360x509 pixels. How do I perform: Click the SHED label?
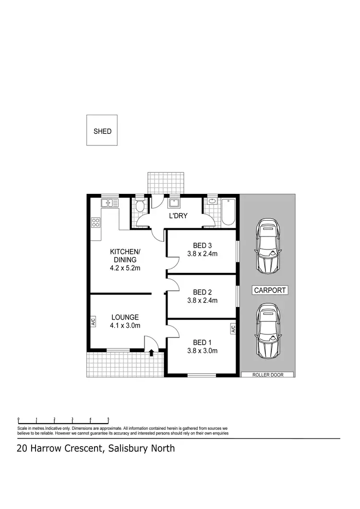(102, 131)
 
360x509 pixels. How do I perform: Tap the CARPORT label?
(270, 290)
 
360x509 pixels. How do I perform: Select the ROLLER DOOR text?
(267, 375)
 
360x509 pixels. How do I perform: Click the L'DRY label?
(178, 216)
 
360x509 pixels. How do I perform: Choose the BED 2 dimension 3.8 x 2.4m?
(202, 301)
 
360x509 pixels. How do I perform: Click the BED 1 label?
(202, 342)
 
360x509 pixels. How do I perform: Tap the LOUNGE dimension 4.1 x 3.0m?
(125, 326)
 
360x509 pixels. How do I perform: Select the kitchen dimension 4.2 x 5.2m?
(125, 268)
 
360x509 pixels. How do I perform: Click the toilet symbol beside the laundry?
(140, 207)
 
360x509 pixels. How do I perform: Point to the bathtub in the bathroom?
(228, 213)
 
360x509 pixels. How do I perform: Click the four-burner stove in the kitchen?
(96, 222)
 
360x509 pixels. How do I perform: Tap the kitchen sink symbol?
(110, 203)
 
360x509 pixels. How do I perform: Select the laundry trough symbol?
(173, 203)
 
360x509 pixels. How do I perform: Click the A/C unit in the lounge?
(93, 321)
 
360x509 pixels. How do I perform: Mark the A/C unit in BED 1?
(233, 329)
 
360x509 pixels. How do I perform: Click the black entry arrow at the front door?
(152, 353)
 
